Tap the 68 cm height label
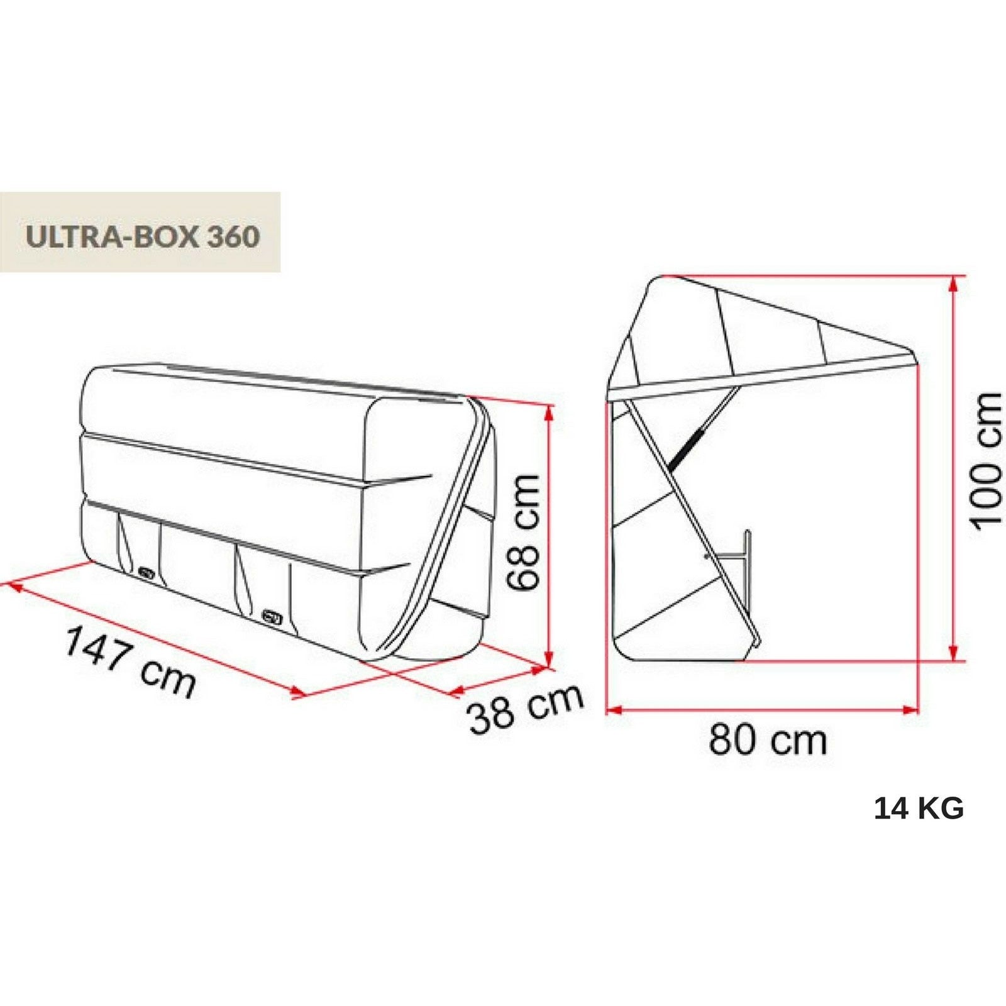coord(524,532)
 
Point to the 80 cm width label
coord(768,740)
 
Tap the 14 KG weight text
coord(919,809)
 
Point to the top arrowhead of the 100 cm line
coord(954,282)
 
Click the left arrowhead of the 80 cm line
coord(613,710)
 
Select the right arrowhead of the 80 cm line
coord(912,710)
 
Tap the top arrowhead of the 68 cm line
coord(550,412)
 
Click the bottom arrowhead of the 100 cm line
coord(954,654)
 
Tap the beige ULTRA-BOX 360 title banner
coord(140,232)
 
